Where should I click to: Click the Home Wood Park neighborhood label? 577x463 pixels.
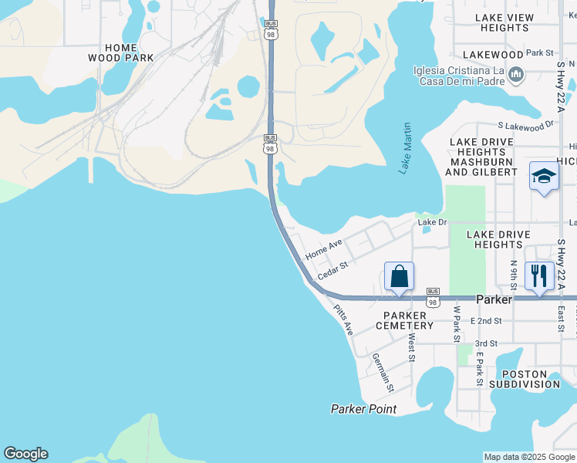click(x=120, y=52)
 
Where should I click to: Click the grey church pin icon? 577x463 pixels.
click(x=516, y=75)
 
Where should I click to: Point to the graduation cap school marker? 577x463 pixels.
click(x=544, y=177)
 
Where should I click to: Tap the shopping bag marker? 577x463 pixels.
click(x=399, y=276)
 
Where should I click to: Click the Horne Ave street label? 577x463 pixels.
click(x=323, y=249)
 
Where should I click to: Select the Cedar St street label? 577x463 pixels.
click(x=333, y=269)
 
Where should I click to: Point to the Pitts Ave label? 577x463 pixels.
click(x=343, y=320)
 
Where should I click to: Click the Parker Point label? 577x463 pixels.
click(x=363, y=409)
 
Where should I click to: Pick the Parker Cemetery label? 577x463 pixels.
click(x=405, y=320)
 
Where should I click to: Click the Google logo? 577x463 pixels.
click(x=25, y=454)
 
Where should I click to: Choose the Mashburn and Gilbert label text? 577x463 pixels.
click(x=482, y=167)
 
